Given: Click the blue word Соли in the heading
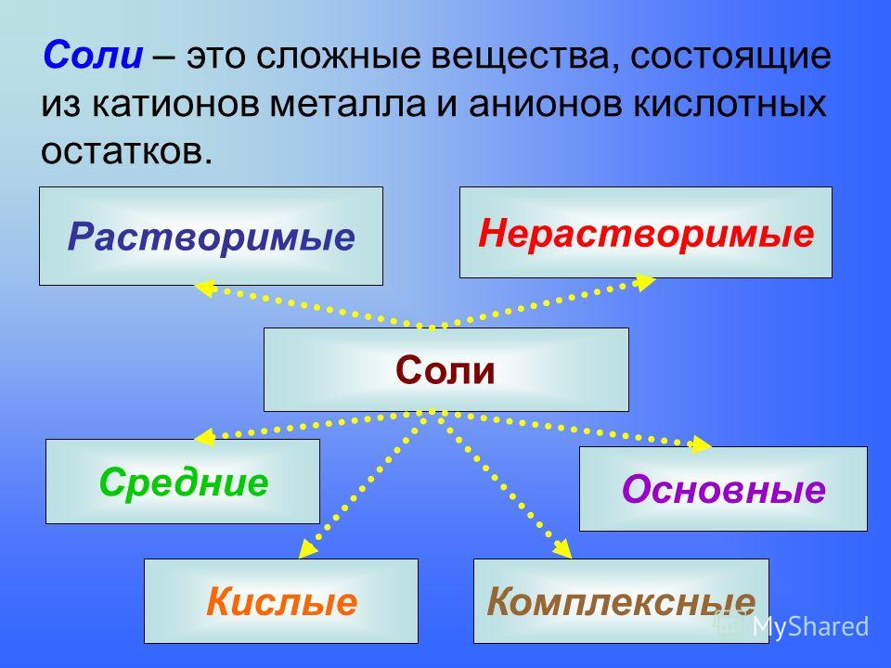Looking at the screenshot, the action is pos(93,55).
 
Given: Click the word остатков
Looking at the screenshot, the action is pos(127,151).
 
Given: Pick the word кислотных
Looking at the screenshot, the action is pos(730,104).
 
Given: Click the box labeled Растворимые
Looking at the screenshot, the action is pos(211,236).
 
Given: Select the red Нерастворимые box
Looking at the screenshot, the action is pos(646,232).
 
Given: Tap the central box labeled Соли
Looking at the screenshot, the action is pos(446,369).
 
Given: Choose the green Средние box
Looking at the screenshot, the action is pos(183,482).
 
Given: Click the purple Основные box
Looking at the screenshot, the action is pos(723,489).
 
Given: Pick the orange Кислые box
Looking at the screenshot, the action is pos(280,601).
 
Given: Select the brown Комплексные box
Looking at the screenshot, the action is pos(621,601).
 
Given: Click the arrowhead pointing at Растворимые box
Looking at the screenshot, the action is pos(204,288).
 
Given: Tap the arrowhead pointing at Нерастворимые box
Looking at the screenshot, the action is pos(645,282).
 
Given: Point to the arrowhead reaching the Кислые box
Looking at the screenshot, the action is pos(307,548).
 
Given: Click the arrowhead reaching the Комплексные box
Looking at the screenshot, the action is pos(563,548).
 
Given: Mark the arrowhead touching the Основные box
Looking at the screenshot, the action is pos(700,444).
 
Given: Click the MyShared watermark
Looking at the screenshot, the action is pos(810,626).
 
